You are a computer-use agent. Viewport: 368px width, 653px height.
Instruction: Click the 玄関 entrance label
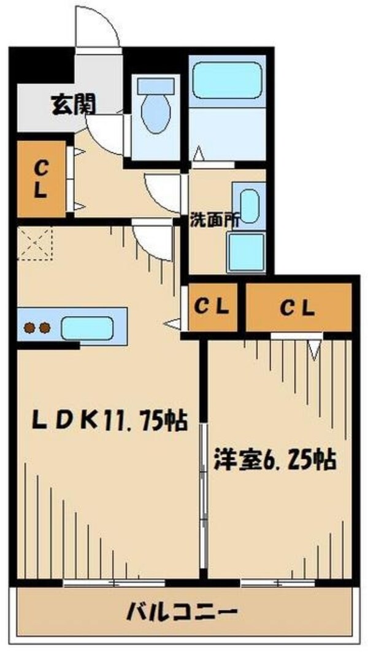(72, 105)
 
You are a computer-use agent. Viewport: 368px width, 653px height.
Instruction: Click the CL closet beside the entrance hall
(40, 178)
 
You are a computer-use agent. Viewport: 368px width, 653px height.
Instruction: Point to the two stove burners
(36, 328)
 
